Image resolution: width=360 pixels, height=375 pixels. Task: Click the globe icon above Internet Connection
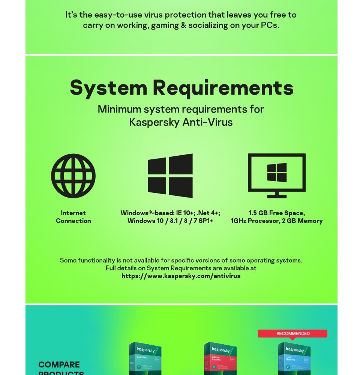tap(73, 175)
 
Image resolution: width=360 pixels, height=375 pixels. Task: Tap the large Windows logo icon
tap(170, 175)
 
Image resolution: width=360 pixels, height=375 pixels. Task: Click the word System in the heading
tap(108, 88)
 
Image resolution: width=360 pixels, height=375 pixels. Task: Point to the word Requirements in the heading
tap(223, 88)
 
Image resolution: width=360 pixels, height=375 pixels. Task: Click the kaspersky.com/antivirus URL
tap(181, 276)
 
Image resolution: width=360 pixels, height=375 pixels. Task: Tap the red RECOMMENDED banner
tap(292, 333)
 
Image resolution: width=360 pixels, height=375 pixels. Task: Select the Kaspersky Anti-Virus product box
tap(145, 358)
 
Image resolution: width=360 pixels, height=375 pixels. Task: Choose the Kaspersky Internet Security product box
tap(220, 358)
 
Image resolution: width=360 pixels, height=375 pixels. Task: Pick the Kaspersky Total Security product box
tap(294, 358)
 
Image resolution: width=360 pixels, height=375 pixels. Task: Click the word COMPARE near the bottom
tap(59, 364)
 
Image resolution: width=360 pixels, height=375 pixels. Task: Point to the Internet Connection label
tap(73, 217)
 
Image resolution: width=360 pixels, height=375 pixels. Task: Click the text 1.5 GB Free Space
tap(276, 213)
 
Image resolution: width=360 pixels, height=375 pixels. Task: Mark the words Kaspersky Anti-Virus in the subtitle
tap(181, 122)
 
